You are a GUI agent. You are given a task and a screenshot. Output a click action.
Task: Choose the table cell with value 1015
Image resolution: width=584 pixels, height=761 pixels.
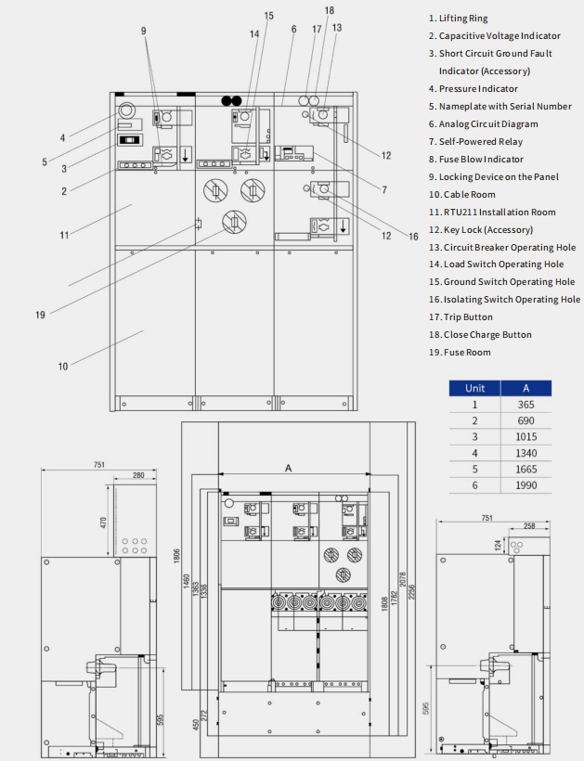tap(526, 437)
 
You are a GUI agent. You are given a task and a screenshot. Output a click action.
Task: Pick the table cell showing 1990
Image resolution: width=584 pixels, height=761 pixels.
tap(526, 485)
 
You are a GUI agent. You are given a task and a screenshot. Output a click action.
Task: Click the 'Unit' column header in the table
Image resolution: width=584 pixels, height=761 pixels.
tap(474, 388)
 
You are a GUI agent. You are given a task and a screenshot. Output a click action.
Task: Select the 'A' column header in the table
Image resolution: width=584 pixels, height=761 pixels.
tap(526, 388)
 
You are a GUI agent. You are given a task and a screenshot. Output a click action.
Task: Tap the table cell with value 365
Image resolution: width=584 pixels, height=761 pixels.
tap(526, 405)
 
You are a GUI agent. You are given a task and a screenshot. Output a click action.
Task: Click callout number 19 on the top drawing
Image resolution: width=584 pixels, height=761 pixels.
tap(40, 315)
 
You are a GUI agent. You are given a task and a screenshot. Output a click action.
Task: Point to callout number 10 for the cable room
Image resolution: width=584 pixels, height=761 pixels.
tap(63, 366)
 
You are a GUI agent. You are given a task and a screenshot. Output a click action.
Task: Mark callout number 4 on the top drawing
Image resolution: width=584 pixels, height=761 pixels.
tap(63, 138)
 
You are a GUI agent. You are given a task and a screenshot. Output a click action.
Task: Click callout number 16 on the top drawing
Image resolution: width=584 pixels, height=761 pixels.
tap(413, 237)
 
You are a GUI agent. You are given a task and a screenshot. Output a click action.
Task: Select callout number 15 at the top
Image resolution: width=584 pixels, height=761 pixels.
tap(269, 16)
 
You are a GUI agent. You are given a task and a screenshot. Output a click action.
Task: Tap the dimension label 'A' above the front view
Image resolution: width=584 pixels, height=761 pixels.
tap(289, 469)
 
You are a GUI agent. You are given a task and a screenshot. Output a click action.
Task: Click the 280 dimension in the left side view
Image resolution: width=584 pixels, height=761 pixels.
tap(137, 476)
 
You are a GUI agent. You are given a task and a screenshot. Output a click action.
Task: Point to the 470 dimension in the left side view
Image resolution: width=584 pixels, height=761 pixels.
tap(104, 522)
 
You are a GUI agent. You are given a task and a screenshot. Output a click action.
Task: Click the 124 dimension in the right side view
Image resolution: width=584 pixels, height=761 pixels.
tap(499, 544)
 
